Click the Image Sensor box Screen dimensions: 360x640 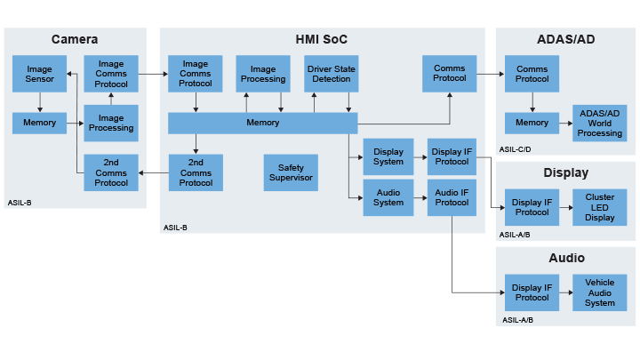coord(39,74)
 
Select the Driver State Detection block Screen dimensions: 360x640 coord(331,74)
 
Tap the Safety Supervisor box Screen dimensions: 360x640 coord(291,172)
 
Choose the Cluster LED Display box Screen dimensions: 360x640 coord(600,206)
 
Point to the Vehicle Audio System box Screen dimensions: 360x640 coord(600,292)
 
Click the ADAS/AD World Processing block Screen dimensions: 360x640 coord(600,123)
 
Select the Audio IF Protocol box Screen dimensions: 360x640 coord(452,197)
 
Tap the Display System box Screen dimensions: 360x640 coord(388,156)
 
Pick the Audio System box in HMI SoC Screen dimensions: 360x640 coord(388,197)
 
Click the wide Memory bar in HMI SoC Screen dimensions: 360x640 coord(263,123)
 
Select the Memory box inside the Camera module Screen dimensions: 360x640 coord(39,123)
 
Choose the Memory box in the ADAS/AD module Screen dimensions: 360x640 coord(532,123)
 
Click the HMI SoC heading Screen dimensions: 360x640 coord(322,40)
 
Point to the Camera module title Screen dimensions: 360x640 coord(75,40)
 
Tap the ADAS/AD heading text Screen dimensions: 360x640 coord(566,40)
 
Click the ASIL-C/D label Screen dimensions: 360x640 coord(516,150)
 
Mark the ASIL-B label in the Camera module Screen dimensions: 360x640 coord(20,203)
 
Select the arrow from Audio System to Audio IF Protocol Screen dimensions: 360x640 coord(420,197)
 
